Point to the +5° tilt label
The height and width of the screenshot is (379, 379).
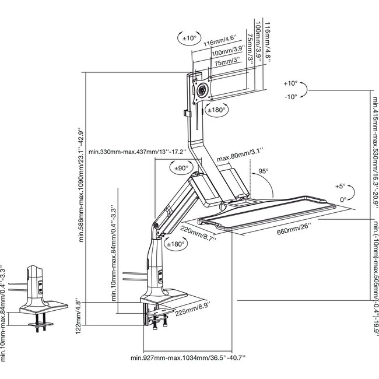tap(341, 187)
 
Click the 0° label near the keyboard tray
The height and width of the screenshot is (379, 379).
tap(343, 199)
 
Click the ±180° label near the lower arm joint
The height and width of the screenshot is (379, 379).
tap(176, 244)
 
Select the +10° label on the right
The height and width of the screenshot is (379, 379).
tap(290, 83)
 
